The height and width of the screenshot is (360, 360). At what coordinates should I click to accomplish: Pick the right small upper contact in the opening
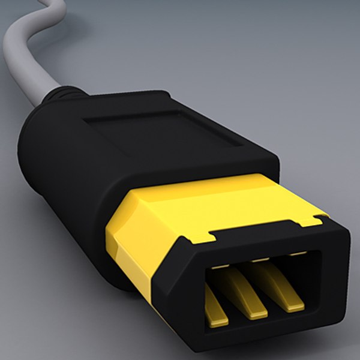(294, 254)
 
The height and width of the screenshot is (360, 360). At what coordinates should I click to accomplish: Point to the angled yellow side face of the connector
(135, 240)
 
